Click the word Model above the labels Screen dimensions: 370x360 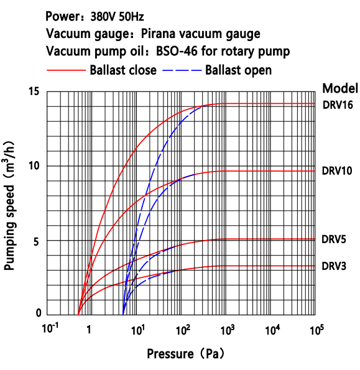[x=339, y=87]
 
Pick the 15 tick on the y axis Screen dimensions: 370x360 [x=34, y=92]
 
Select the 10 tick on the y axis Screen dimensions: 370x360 [x=34, y=166]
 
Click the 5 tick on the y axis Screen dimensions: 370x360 [x=37, y=241]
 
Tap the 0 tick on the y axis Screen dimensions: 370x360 [x=37, y=314]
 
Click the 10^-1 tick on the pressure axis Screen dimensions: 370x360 [x=49, y=328]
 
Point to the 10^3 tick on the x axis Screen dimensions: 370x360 [x=228, y=328]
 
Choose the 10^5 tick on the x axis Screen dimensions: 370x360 [x=317, y=328]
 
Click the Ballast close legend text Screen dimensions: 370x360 [x=123, y=70]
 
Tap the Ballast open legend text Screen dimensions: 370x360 [x=238, y=70]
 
